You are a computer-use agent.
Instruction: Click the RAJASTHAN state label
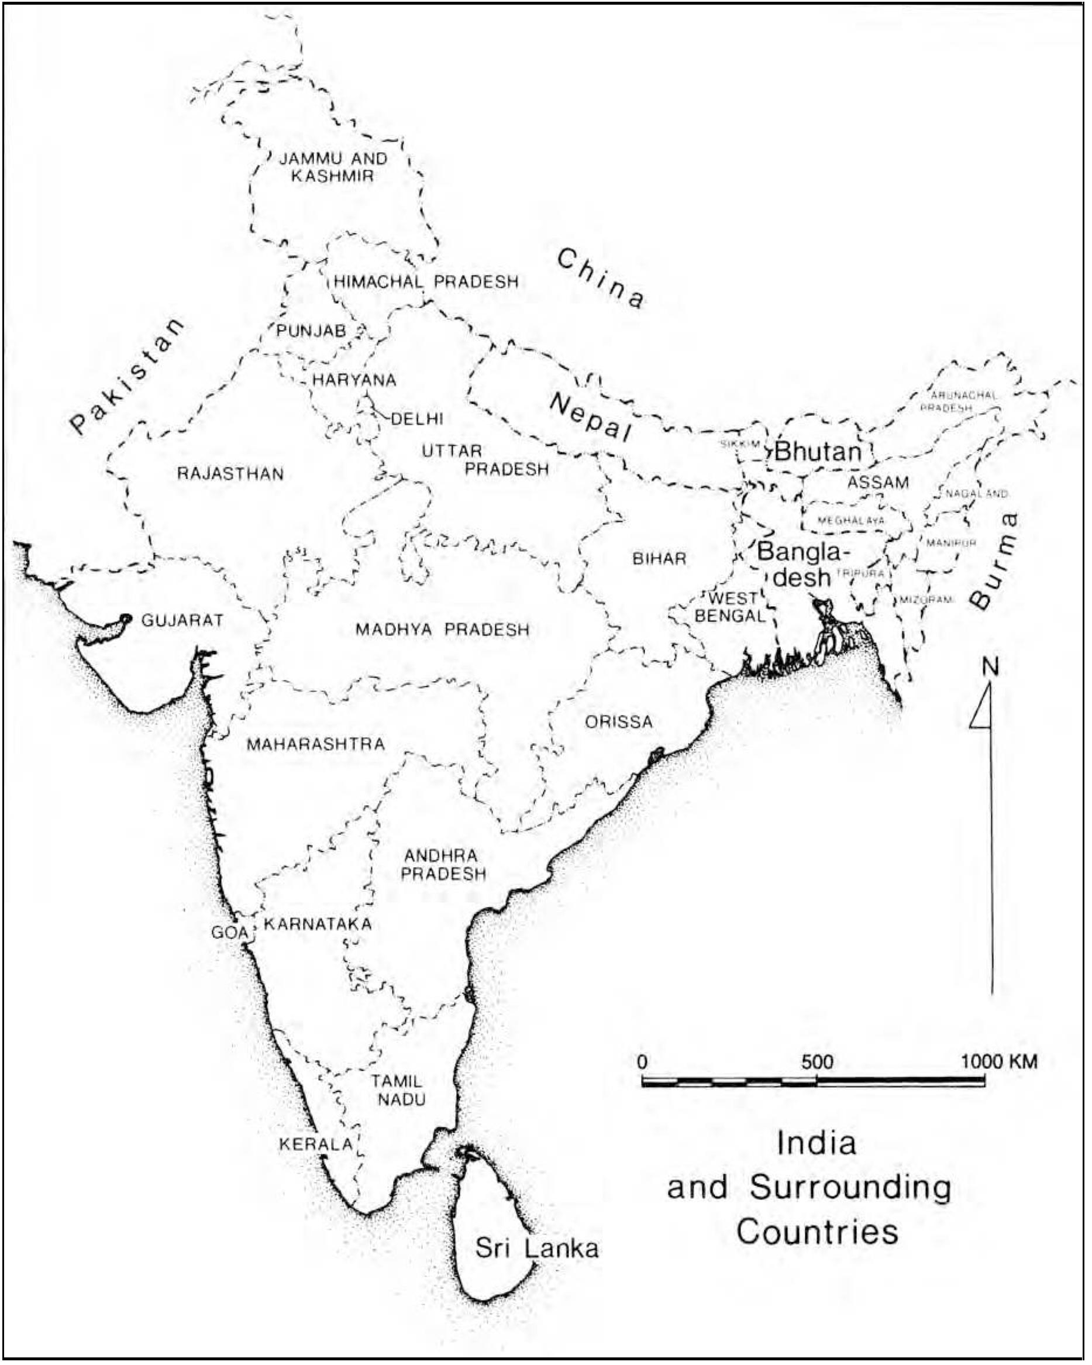pos(230,473)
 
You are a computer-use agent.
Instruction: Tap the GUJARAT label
pos(182,620)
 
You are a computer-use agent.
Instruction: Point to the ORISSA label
pos(618,722)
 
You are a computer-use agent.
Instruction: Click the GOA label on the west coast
pos(230,933)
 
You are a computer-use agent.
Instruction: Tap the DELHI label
pos(417,418)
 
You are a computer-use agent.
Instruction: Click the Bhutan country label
pos(818,452)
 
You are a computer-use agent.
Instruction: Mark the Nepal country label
pos(591,417)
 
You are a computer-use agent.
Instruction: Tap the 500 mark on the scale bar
pos(817,1062)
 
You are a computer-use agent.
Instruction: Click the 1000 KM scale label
pos(1000,1062)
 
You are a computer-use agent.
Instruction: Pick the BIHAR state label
pos(659,558)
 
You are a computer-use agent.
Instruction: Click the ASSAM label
pos(878,483)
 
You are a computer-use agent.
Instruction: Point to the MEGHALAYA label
pos(851,521)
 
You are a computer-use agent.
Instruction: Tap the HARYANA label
pos(354,380)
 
